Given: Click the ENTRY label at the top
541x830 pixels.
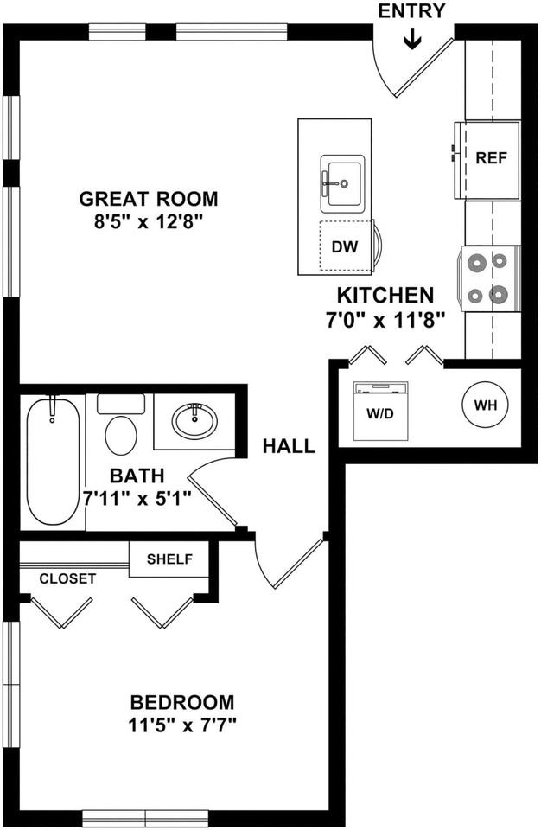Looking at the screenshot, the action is (412, 11).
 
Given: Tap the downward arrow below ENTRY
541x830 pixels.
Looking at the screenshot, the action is (412, 39).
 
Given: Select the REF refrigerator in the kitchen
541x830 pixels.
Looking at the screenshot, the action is (487, 160).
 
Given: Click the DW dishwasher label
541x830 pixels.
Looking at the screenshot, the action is (345, 246).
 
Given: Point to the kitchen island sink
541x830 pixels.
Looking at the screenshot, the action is (342, 183).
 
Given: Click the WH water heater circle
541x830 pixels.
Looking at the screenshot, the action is (486, 405).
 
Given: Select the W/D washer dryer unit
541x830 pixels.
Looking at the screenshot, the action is (381, 410).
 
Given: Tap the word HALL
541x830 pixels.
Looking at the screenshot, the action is (289, 446).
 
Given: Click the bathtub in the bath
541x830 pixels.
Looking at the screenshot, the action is (53, 461).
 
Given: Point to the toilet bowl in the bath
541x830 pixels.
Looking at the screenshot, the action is (121, 435).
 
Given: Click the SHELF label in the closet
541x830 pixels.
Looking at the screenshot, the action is (169, 559).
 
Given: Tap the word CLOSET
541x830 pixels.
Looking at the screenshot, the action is (67, 578).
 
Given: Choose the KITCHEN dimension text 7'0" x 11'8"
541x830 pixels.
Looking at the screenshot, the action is (385, 320).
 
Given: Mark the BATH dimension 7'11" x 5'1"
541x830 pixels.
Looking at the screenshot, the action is (137, 498).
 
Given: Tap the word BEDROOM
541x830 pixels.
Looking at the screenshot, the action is (182, 702).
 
